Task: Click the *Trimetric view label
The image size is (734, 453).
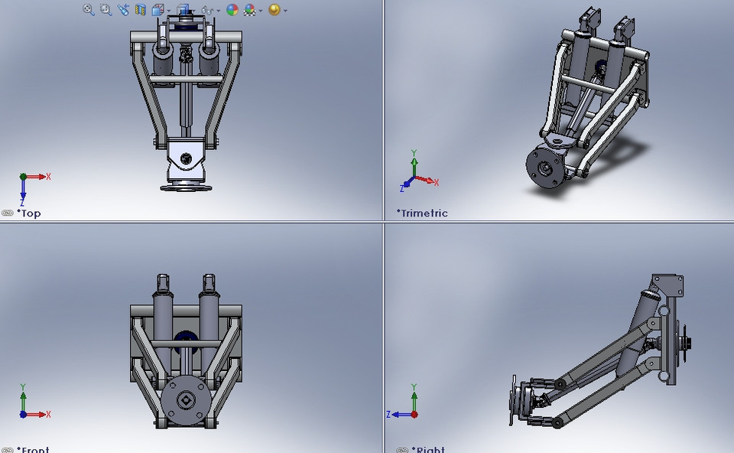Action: (x=422, y=213)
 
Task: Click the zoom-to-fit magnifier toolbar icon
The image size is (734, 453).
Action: (x=88, y=10)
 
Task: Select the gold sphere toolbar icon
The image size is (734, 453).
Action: (x=274, y=10)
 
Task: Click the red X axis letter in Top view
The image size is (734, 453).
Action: (x=48, y=177)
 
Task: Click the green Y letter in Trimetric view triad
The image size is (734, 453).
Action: (x=414, y=152)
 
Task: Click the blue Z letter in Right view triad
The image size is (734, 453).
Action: (x=389, y=414)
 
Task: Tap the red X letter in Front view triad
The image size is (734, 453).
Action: (x=48, y=415)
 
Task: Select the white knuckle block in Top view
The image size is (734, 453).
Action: (x=186, y=157)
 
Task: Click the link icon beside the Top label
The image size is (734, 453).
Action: (x=7, y=213)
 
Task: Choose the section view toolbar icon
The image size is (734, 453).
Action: (x=141, y=10)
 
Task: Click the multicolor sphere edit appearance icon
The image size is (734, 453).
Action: (x=232, y=10)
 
